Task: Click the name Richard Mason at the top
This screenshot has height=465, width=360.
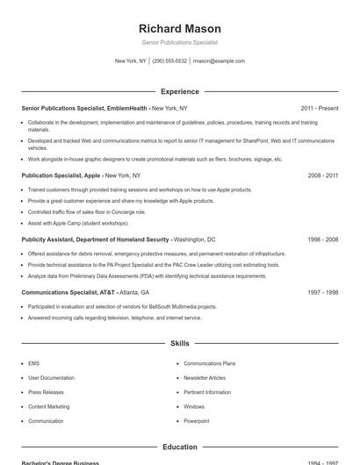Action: click(180, 28)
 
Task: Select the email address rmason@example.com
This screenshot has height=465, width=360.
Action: click(219, 61)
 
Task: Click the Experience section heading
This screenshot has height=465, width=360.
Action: click(180, 91)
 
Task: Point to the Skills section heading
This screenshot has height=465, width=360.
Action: click(180, 344)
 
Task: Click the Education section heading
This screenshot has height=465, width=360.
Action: click(180, 447)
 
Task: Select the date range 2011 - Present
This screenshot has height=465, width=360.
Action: click(320, 108)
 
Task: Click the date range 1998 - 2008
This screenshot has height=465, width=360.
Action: click(323, 239)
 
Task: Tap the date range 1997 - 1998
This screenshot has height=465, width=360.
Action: click(323, 292)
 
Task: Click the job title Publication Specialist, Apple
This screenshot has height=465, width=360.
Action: click(61, 175)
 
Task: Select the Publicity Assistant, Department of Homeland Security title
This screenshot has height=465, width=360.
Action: click(96, 239)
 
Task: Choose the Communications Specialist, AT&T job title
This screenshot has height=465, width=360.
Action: click(68, 292)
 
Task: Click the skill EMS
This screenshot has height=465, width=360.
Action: click(33, 363)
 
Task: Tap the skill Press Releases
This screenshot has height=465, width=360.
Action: click(46, 392)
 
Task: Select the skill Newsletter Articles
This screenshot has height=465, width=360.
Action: click(205, 377)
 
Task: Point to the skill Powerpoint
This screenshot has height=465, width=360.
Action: click(197, 421)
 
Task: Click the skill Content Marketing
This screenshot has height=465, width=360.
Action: click(49, 406)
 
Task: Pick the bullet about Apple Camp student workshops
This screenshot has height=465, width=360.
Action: click(78, 224)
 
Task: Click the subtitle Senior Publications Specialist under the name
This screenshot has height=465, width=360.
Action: click(180, 42)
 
